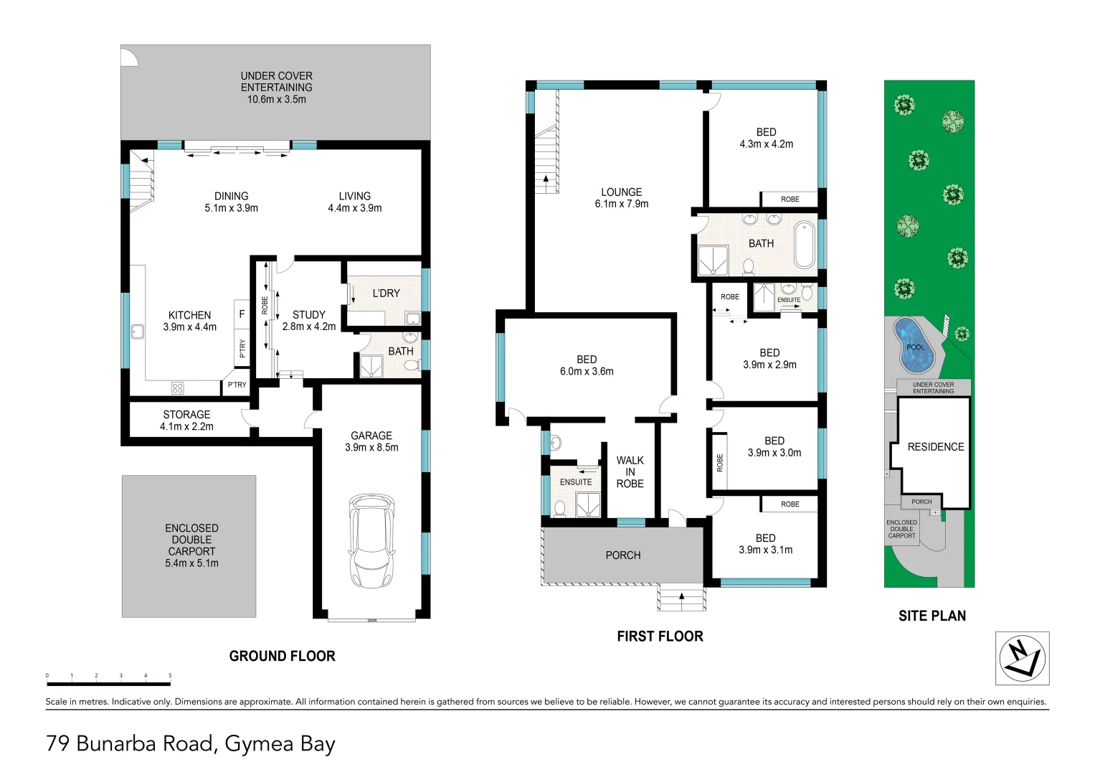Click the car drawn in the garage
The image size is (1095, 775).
pos(371,540)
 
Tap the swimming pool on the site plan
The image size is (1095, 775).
pos(914,345)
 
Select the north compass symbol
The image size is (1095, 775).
pos(1022,658)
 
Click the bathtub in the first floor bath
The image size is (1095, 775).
pos(804,245)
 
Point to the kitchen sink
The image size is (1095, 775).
pos(138,332)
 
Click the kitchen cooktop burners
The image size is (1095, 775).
pos(177,388)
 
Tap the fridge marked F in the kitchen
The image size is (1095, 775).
pos(242,314)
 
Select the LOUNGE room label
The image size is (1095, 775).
pos(621,192)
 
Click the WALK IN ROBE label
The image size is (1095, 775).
pos(630,471)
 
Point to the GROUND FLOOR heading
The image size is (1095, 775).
pos(282,656)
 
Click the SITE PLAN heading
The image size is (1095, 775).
pos(932,616)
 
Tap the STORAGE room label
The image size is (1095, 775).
pos(186,415)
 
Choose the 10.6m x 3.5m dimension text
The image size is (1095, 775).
pos(277,99)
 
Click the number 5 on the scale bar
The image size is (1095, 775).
pos(170,676)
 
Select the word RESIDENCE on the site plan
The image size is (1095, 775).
pos(936,446)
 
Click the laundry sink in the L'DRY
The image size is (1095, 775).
pos(413,319)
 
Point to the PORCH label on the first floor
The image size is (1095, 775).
pos(622,555)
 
